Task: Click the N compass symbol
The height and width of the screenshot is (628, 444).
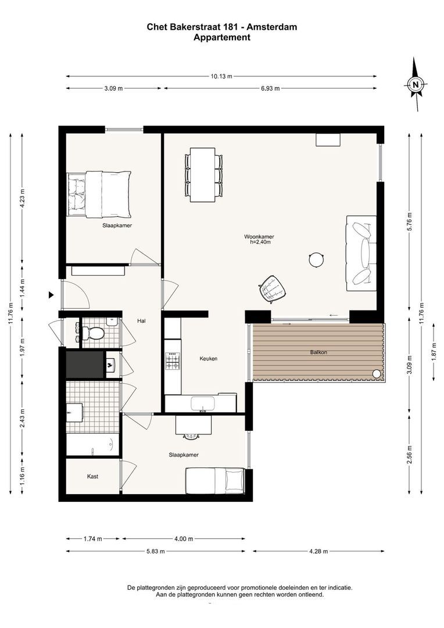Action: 416,84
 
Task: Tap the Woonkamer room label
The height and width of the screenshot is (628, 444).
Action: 259,237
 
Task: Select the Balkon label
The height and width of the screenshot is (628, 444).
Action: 318,352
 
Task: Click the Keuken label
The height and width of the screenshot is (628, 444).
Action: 209,358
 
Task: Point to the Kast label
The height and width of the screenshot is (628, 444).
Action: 92,476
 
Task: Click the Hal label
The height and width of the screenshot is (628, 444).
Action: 141,321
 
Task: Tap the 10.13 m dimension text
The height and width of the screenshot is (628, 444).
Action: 221,76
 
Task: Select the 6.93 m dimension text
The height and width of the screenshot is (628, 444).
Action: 270,88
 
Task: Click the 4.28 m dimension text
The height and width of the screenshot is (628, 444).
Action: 318,551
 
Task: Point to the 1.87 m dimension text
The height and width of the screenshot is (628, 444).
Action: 434,352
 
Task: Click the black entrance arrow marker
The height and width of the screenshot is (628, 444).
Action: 51,295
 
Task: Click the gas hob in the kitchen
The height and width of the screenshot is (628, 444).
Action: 173,361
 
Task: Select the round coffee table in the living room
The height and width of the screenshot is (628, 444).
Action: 316,259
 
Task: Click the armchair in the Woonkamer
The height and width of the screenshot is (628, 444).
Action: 273,288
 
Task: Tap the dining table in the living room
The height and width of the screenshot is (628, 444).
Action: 203,175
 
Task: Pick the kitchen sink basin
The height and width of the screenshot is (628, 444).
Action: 203,404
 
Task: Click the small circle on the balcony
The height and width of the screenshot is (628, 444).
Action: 377,373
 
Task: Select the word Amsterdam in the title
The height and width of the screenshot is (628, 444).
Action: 272,27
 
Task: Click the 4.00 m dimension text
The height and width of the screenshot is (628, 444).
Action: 184,538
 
